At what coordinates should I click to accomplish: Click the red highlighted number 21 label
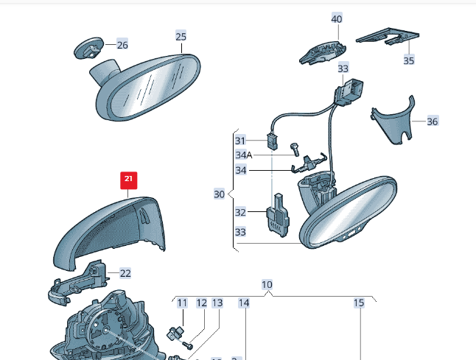pos(129,179)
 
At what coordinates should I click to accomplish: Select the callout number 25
pos(181,35)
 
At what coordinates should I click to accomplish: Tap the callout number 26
pos(122,45)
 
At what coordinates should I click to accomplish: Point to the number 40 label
pos(337,18)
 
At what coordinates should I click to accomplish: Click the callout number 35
pos(409,60)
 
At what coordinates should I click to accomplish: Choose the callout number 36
pos(433,121)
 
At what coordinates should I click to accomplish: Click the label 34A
pos(244,155)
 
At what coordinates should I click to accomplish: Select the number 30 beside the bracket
pos(219,194)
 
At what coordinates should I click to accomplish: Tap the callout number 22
pos(125,273)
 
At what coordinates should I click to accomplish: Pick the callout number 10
pos(267,284)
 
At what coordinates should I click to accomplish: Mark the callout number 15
pos(359,303)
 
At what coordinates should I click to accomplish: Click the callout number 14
pos(244,303)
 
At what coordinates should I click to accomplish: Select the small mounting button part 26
pos(88,49)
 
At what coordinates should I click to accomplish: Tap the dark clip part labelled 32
pos(278,214)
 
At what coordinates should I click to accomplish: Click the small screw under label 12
pos(187,342)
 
